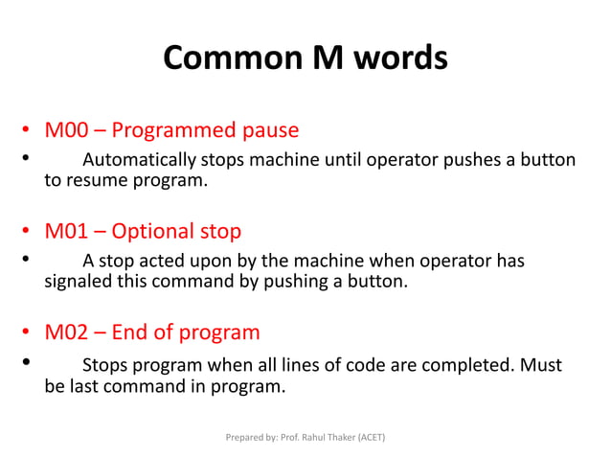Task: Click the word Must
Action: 540,365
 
